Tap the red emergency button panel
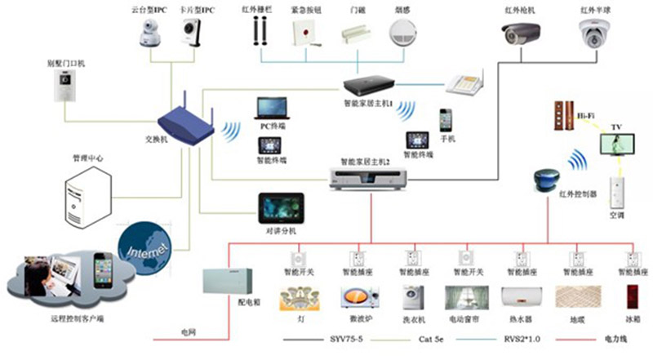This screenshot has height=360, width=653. (x=303, y=32)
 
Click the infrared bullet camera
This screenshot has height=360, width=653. (x=522, y=33)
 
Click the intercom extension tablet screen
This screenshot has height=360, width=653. (x=282, y=207)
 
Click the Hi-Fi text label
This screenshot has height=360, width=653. (x=586, y=115)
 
